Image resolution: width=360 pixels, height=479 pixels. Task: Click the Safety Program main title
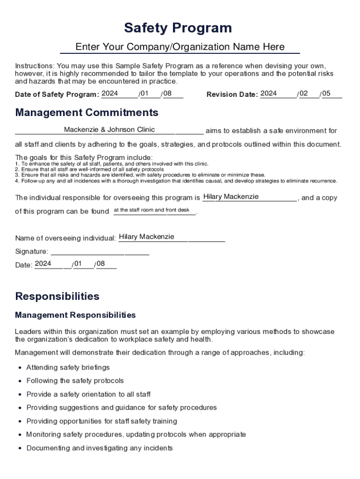(x=178, y=28)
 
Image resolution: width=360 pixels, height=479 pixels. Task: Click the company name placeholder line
(x=180, y=47)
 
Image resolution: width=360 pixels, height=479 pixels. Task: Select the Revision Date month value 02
(x=304, y=94)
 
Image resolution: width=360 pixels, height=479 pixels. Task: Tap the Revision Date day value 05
(x=326, y=94)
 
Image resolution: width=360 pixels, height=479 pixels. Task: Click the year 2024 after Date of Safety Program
(x=110, y=94)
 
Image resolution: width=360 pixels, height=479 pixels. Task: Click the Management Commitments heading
(x=86, y=113)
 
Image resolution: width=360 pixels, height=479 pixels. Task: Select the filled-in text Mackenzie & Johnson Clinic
(x=109, y=130)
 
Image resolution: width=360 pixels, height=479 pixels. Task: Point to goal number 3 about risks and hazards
(x=140, y=175)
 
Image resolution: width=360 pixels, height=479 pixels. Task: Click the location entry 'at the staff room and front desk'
(x=151, y=210)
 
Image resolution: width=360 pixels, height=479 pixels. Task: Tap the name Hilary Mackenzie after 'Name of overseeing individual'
(x=146, y=237)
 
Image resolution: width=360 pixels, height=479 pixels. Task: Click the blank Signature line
(x=100, y=252)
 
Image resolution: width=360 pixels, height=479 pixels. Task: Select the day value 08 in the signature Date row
(x=101, y=264)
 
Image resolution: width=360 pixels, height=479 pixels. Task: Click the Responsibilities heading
(x=57, y=297)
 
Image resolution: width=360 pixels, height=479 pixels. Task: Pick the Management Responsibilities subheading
(x=75, y=315)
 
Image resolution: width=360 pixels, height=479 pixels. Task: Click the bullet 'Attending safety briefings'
(x=68, y=368)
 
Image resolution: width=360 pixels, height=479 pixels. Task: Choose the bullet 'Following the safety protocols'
(x=75, y=381)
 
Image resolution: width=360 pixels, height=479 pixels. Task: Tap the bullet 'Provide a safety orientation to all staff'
(x=88, y=394)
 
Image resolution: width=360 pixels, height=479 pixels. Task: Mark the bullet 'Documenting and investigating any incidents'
(x=99, y=448)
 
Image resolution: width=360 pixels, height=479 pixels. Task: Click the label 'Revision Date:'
(x=232, y=94)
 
